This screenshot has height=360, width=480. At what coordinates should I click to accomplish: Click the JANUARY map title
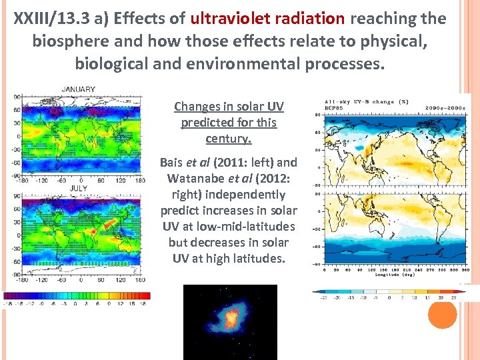click(x=79, y=89)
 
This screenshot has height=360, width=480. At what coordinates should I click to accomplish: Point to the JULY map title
click(x=79, y=189)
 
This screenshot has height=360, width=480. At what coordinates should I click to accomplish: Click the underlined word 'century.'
click(x=228, y=139)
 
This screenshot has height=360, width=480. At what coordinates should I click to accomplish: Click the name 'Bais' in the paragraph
click(x=173, y=163)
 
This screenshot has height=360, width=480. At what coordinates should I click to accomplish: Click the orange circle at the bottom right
click(x=442, y=313)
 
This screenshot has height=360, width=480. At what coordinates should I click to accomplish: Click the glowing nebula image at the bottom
click(x=230, y=322)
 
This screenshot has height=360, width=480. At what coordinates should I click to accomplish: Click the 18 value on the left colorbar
click(x=142, y=303)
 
